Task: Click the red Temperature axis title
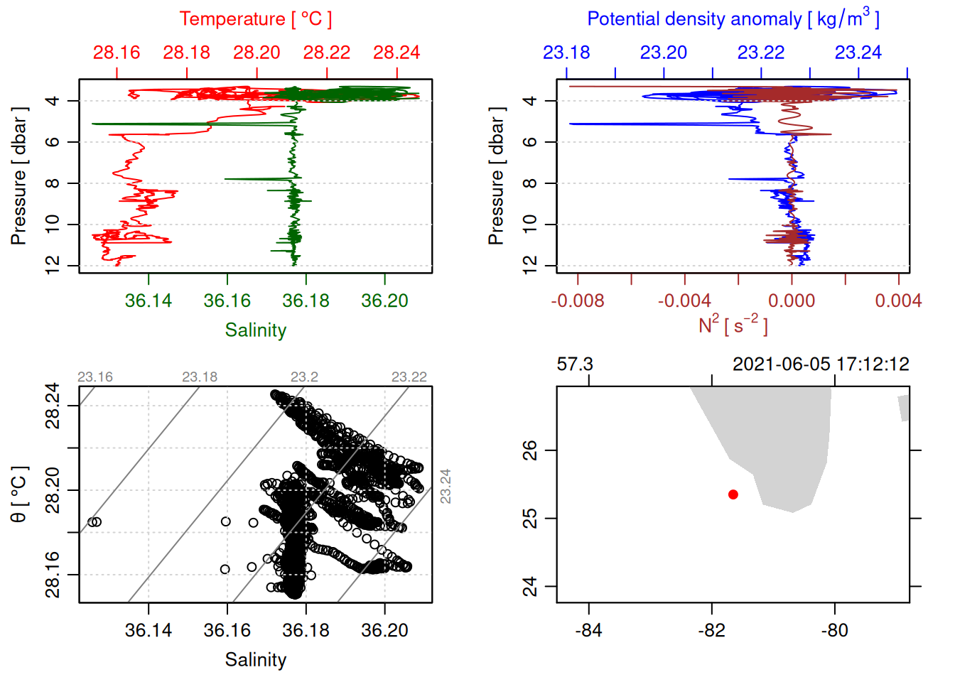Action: (256, 19)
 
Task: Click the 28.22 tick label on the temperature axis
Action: (326, 53)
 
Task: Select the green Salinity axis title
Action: (256, 330)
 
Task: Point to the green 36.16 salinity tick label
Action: (227, 301)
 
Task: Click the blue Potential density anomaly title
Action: (733, 19)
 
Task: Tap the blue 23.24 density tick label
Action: (858, 53)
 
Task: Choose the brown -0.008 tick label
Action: (578, 301)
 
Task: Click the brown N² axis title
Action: (733, 325)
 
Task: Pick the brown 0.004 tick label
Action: (898, 301)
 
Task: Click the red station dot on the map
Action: (733, 494)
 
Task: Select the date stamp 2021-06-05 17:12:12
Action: (821, 364)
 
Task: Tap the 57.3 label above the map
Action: (575, 364)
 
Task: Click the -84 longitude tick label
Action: (589, 631)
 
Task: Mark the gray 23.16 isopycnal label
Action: (95, 377)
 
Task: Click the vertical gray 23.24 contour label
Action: (446, 487)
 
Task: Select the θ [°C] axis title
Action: (19, 494)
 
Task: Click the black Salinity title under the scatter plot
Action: (256, 660)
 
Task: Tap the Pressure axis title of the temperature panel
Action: (19, 176)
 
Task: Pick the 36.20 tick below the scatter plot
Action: (385, 631)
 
